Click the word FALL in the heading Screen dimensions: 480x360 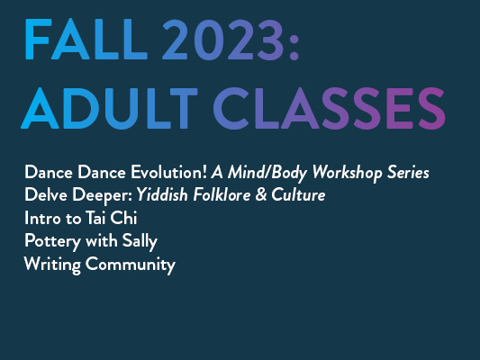point(86,40)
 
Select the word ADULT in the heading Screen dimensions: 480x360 point(109,108)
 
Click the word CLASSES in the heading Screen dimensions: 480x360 point(329,108)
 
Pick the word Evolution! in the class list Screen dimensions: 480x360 point(169,172)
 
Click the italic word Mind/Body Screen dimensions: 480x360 point(267,173)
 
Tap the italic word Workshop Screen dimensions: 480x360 point(347,173)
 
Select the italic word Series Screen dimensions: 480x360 point(408,172)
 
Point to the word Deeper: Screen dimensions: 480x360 point(103,196)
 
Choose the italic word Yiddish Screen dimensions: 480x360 point(162,194)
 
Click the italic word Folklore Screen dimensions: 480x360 point(222,194)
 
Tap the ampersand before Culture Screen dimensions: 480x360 point(261,194)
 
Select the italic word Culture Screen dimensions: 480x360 point(298,194)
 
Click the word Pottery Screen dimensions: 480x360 point(52,242)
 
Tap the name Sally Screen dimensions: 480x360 point(140,242)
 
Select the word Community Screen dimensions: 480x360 point(131,265)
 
